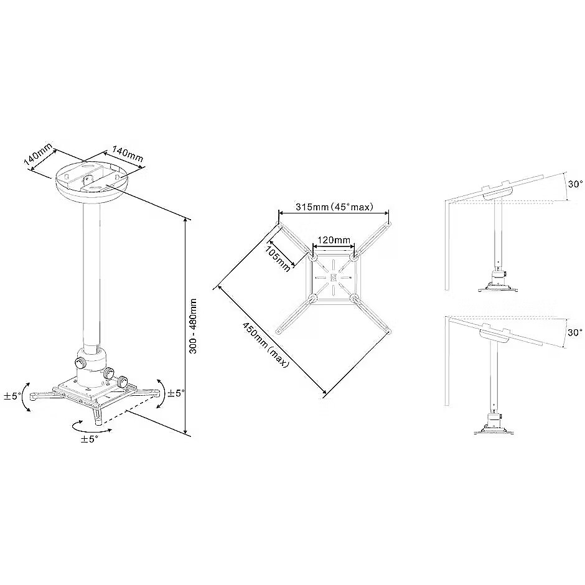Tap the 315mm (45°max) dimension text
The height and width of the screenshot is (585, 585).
click(x=334, y=207)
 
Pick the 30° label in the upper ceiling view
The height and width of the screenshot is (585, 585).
click(x=575, y=184)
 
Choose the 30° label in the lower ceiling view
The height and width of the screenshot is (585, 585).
click(x=575, y=332)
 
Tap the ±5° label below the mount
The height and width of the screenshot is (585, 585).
click(x=90, y=439)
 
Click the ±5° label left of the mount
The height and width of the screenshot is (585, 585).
click(x=12, y=396)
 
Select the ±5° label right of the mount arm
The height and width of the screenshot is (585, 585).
click(x=175, y=393)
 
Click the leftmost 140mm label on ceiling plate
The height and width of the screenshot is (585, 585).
click(x=39, y=154)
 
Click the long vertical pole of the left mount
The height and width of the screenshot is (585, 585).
click(x=91, y=277)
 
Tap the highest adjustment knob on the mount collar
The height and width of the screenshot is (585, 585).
click(x=80, y=362)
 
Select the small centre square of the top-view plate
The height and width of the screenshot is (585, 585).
click(x=334, y=277)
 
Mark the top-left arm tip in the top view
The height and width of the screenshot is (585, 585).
click(x=278, y=223)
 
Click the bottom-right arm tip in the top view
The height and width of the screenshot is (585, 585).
click(x=389, y=331)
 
